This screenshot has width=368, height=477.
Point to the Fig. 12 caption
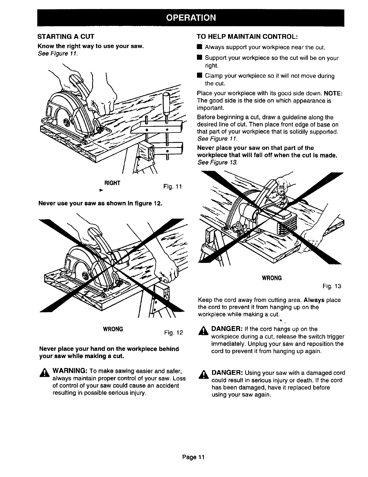[173, 333]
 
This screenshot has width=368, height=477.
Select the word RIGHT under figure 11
[112, 183]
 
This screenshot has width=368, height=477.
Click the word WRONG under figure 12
[113, 328]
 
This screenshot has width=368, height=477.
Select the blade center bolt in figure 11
[66, 122]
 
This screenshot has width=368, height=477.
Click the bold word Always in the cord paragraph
[314, 300]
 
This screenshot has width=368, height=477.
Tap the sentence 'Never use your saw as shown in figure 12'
[100, 203]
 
